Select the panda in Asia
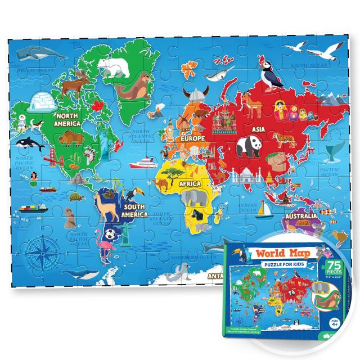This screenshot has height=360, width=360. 247,146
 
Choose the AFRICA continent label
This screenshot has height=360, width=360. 191,183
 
